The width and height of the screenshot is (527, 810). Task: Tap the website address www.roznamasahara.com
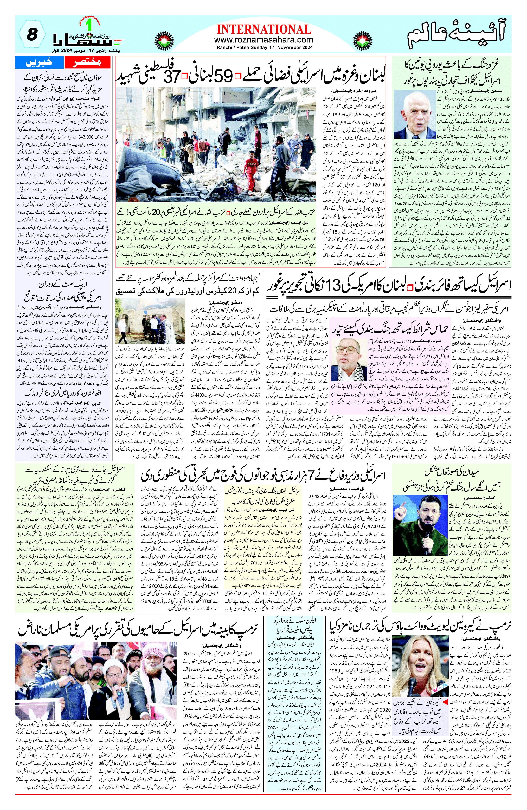coord(263,40)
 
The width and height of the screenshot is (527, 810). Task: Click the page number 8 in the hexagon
coord(32,35)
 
